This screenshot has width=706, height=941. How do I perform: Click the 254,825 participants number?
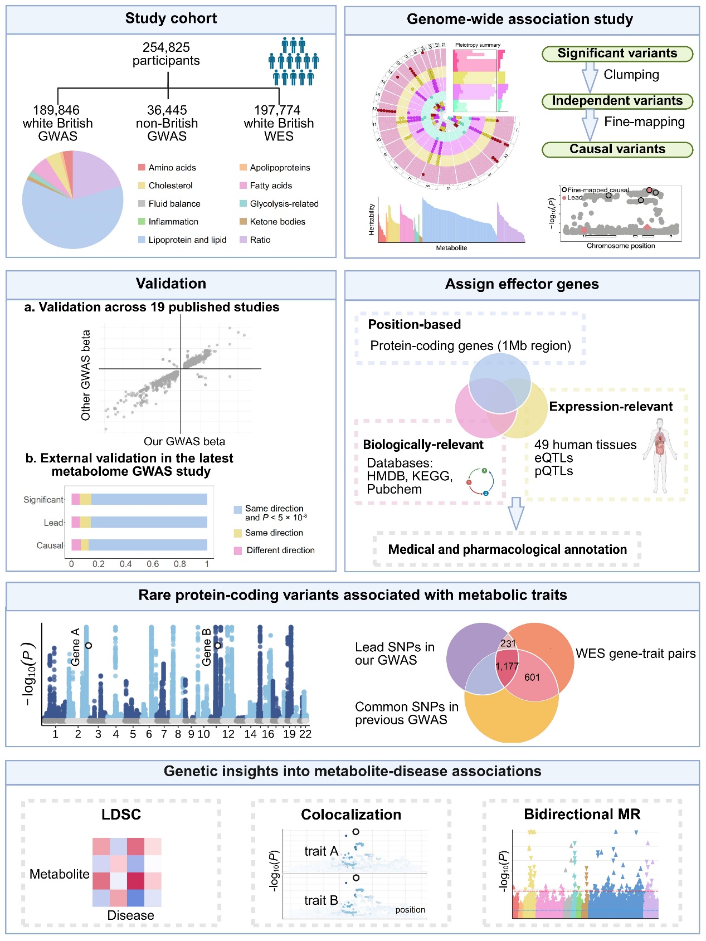tap(166, 47)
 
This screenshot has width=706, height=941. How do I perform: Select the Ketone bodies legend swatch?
tap(243, 222)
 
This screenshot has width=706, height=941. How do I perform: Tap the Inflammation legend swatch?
tap(142, 222)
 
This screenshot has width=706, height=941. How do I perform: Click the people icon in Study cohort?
tap(293, 61)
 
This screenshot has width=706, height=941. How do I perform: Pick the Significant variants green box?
tap(617, 53)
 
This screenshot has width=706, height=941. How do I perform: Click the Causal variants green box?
tap(617, 149)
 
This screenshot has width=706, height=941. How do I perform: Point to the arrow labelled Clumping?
tap(590, 77)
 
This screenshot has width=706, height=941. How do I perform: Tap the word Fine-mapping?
tap(644, 122)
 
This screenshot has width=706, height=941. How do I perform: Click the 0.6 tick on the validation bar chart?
tap(153, 564)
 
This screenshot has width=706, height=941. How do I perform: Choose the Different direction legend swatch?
tap(238, 550)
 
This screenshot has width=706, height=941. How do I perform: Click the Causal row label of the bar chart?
tap(50, 545)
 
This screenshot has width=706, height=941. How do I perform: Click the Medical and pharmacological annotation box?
tap(507, 549)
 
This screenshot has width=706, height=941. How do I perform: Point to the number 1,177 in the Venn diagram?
tap(507, 666)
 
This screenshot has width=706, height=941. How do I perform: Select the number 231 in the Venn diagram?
tap(508, 643)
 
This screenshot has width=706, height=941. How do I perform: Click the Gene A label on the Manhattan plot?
tap(76, 647)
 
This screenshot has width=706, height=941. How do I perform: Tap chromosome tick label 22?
tap(305, 734)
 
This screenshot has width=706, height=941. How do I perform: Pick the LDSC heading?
tap(121, 815)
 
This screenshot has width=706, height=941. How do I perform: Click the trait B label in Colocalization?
tap(321, 900)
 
